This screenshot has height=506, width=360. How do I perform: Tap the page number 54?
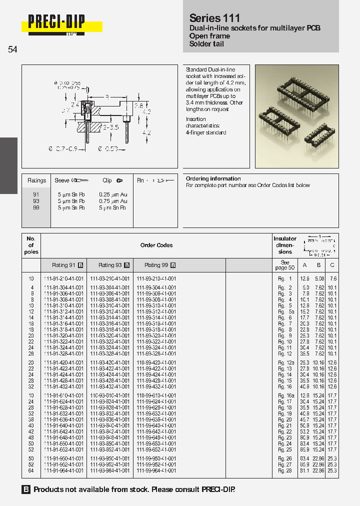(12, 49)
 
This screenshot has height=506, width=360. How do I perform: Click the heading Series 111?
(214, 18)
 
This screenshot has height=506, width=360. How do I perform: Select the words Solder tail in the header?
(206, 44)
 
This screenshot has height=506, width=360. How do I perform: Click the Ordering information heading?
(213, 178)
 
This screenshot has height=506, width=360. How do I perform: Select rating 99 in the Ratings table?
(36, 207)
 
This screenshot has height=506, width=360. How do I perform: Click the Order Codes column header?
(156, 245)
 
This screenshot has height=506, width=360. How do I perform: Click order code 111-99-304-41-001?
(156, 287)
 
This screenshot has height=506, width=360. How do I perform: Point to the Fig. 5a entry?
(285, 311)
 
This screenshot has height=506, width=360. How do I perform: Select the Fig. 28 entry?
(285, 470)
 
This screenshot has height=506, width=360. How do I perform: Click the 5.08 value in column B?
(319, 278)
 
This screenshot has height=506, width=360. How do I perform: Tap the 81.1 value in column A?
(305, 470)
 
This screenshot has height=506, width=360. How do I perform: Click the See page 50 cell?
(285, 265)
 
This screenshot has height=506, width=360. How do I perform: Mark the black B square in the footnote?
(26, 490)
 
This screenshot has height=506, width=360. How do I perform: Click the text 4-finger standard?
(206, 132)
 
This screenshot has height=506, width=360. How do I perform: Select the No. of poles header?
(31, 245)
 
